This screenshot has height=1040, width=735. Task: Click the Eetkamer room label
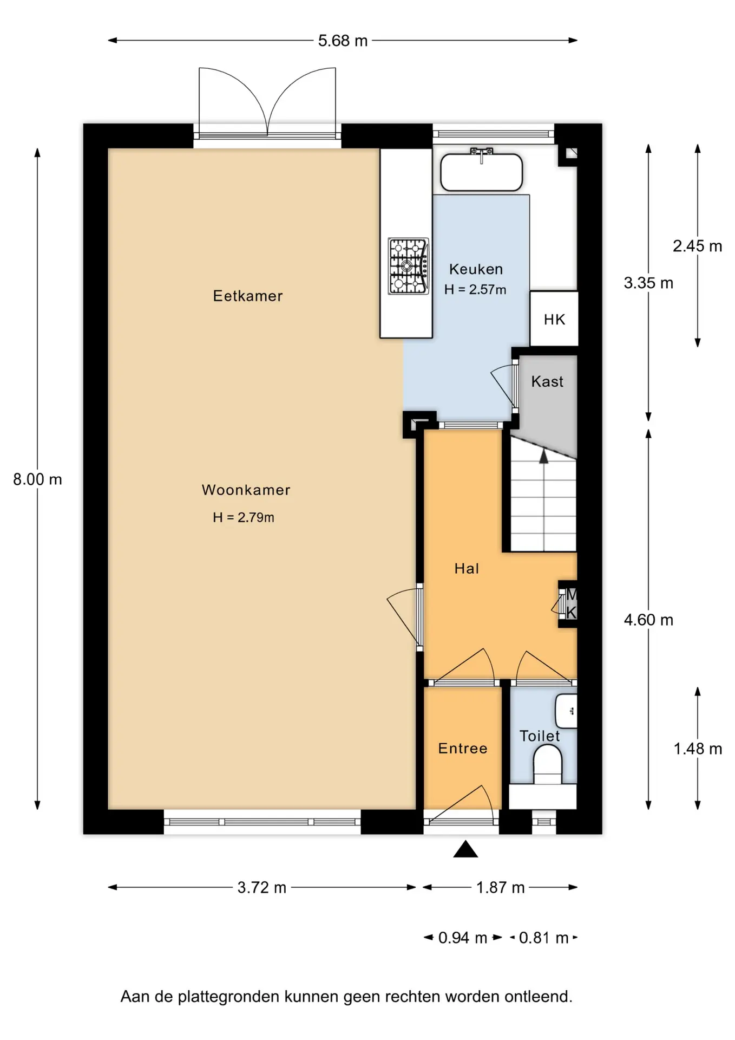click(x=248, y=296)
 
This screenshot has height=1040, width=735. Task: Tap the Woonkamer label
click(x=246, y=490)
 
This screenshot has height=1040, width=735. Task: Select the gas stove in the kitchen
click(x=409, y=266)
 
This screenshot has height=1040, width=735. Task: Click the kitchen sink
click(x=481, y=172)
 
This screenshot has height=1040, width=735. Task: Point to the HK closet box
click(x=554, y=318)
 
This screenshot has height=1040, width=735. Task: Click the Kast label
click(x=547, y=381)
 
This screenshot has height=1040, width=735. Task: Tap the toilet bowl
click(x=548, y=764)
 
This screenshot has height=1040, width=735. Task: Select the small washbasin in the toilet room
click(x=567, y=711)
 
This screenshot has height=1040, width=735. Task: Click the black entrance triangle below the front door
click(x=465, y=849)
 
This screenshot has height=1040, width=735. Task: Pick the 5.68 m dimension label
click(x=343, y=41)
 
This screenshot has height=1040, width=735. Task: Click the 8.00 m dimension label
click(x=37, y=479)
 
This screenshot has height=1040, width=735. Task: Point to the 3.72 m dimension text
click(x=262, y=887)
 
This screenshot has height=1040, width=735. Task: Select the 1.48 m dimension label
click(x=698, y=749)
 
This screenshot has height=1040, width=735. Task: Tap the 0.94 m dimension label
click(x=463, y=938)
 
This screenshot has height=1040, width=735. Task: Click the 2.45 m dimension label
click(x=698, y=246)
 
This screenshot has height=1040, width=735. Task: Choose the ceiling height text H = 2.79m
click(x=244, y=517)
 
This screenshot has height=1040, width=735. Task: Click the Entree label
click(x=463, y=748)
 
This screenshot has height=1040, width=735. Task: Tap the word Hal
click(x=467, y=568)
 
